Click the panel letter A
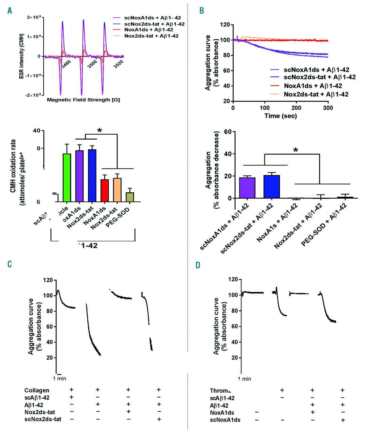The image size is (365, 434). coord(9,11)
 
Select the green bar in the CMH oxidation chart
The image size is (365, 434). coord(67,178)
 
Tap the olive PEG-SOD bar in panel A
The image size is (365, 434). coord(130,197)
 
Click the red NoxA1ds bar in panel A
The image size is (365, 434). coord(105,191)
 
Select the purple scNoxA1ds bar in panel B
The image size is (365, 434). coord(247,188)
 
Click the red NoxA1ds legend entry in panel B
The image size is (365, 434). coord(313,86)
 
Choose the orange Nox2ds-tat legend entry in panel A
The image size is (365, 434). coord(151,36)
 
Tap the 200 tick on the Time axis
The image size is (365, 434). coord(296,108)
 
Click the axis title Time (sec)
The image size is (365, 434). coord(280,116)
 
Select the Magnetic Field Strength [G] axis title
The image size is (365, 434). coord(83,100)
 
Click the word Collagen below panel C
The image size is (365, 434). coord(37,390)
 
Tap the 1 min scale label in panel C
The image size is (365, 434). coord(60,378)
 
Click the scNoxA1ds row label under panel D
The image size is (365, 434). coord(225,420)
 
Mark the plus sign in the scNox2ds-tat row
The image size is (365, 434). coord(158,419)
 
